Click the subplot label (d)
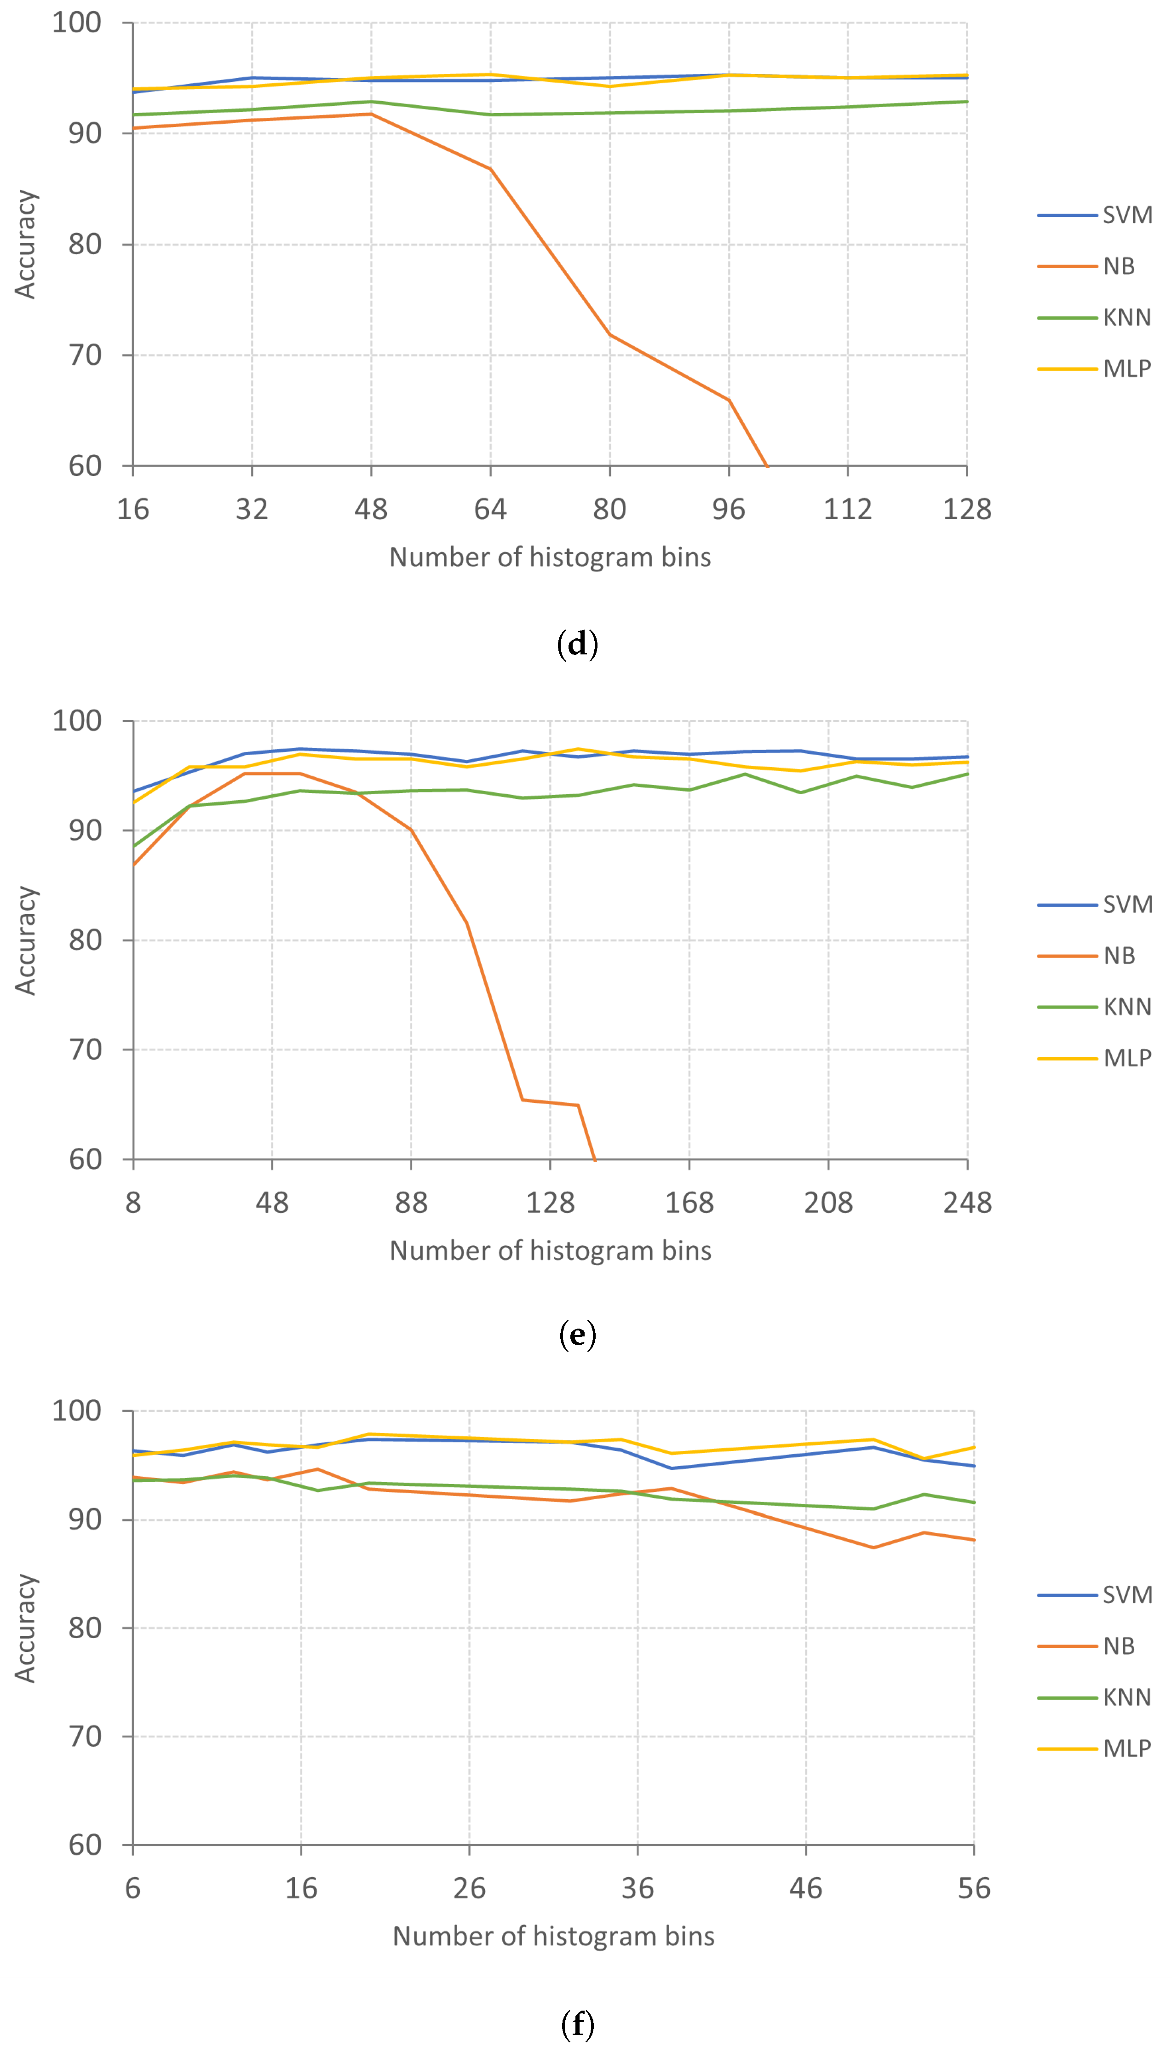[577, 645]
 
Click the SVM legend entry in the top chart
[1127, 215]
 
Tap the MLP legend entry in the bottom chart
[1127, 1748]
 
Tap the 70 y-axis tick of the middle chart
[85, 1049]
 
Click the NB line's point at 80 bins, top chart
[609, 335]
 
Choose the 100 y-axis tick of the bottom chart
[76, 1410]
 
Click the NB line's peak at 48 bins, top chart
[371, 114]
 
